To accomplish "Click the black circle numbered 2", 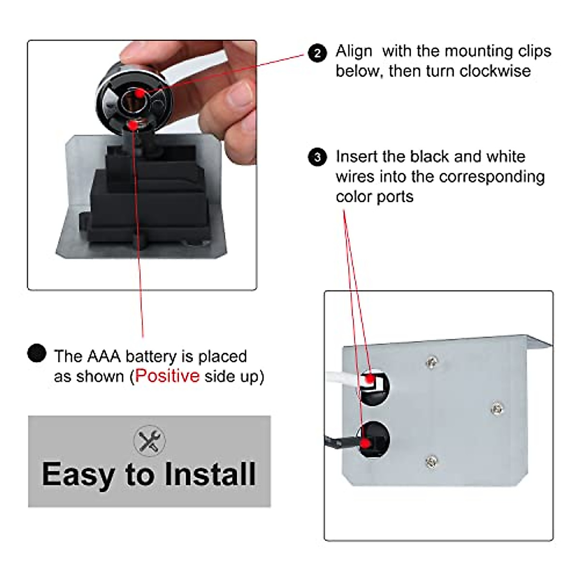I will coord(317,53).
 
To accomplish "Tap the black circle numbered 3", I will coord(317,158).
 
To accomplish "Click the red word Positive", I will coord(167,376).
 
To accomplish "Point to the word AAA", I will coord(103,356).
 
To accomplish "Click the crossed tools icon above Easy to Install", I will coord(149,440).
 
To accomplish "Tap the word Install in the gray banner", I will coord(210,474).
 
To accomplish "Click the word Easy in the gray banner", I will coord(77,475).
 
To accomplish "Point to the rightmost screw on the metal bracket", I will coord(496,409).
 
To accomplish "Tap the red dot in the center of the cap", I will coord(139,93).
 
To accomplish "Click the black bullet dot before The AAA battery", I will coord(37,353).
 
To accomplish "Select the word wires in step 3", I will coord(356,177).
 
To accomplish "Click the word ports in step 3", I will coord(395,197).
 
